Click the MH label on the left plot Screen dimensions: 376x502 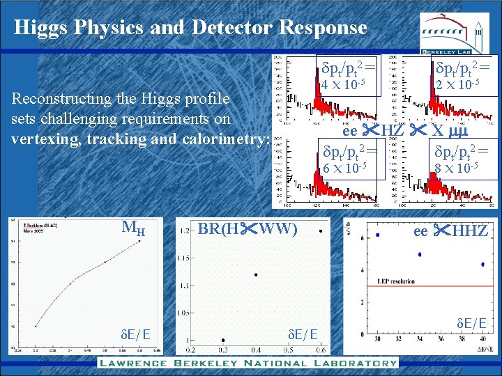(x=133, y=227)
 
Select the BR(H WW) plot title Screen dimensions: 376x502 (x=248, y=228)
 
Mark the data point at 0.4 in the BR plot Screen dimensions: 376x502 (x=256, y=274)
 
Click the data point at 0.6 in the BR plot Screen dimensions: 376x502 (x=320, y=230)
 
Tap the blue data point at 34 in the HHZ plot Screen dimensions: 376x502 (x=420, y=254)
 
